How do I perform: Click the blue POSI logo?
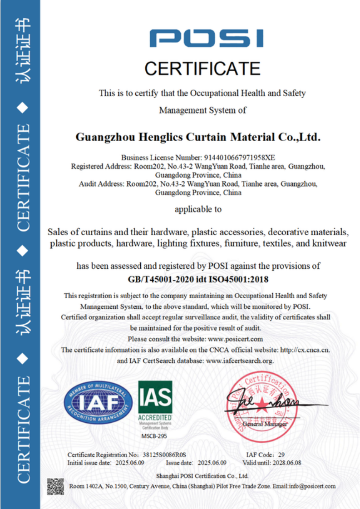tap(207, 39)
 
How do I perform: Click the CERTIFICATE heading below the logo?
tap(202, 69)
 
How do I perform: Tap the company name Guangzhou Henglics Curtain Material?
tap(198, 136)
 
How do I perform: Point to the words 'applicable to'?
tap(198, 209)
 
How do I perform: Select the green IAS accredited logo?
tap(155, 400)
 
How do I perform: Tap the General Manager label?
tap(265, 424)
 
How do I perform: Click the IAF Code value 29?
tap(281, 455)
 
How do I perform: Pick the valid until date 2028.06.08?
tap(286, 463)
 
